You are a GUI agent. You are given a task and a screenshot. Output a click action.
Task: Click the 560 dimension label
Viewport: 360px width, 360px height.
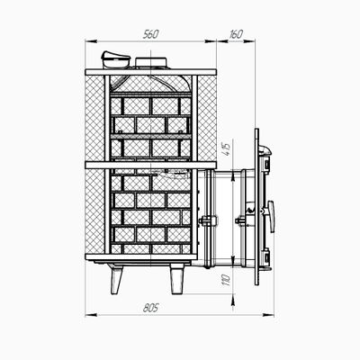[x=150, y=35]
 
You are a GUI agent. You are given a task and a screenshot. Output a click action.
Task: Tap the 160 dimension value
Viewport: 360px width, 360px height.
[x=236, y=34]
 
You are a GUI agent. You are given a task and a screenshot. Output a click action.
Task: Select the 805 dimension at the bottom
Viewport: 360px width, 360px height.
[x=150, y=308]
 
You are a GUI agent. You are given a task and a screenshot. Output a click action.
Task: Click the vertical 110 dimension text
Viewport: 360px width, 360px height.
[x=227, y=280]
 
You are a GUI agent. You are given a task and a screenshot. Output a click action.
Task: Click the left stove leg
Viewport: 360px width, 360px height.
[x=116, y=279]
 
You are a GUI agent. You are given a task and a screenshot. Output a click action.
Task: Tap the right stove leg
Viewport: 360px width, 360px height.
[x=176, y=279]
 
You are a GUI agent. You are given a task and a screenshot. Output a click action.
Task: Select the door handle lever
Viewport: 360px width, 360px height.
[x=271, y=217]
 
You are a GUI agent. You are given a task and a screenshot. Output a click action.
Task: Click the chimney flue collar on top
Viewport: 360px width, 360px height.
[x=150, y=63]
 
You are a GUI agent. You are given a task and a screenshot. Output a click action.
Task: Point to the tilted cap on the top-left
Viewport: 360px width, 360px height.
[x=115, y=59]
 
